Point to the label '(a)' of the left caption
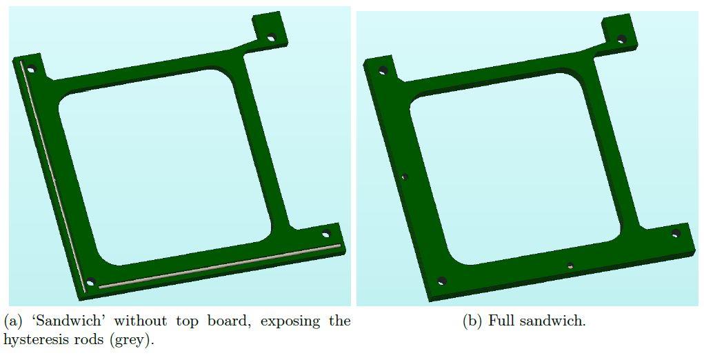(x=13, y=321)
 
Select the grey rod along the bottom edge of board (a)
(x=219, y=266)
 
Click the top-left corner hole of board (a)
(x=32, y=70)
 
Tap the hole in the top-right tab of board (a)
(x=271, y=39)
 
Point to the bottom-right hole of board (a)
(x=326, y=234)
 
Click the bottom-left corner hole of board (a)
(x=91, y=282)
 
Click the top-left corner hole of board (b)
(x=383, y=70)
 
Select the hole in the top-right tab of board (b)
(x=621, y=39)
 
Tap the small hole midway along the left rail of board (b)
(x=404, y=177)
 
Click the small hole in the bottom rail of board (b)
(x=570, y=266)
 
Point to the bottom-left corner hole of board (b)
(x=442, y=281)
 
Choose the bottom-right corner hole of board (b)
(x=676, y=233)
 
